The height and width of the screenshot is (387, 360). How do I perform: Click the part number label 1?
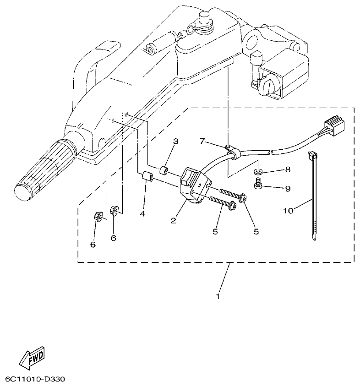218,296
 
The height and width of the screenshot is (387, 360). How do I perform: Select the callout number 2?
174,220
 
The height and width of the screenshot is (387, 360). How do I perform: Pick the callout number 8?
288,170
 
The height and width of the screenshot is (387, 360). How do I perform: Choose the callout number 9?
288,188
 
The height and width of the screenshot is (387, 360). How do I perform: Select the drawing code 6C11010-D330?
35,380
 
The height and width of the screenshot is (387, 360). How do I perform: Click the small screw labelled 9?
259,185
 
